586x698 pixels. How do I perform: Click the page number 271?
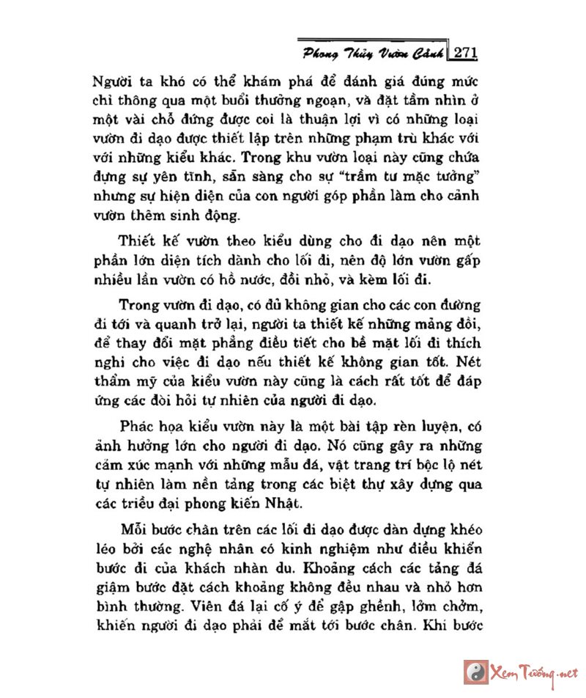tap(465, 53)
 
